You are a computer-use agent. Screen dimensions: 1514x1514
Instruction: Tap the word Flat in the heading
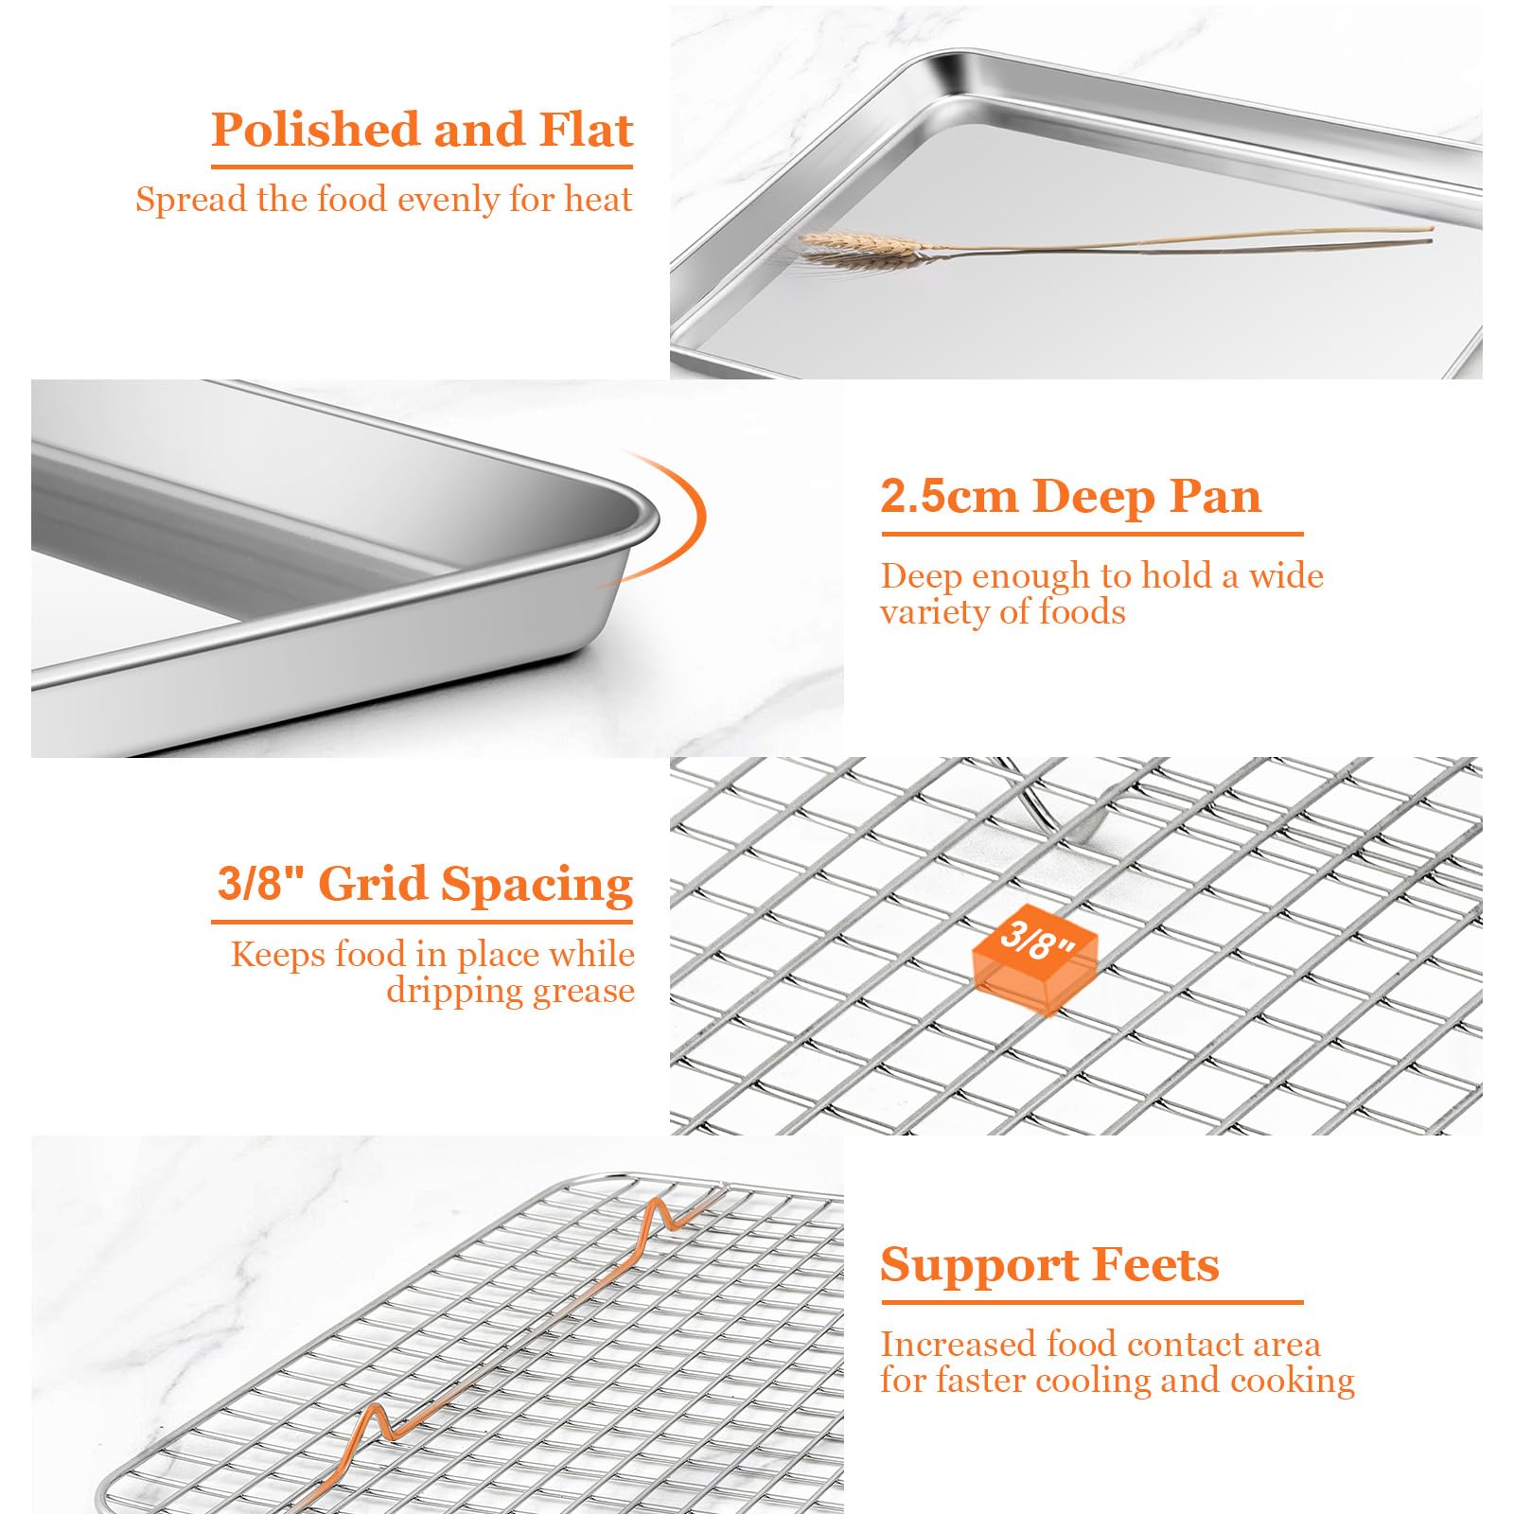point(586,130)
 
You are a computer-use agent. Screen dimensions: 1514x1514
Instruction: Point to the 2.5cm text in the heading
point(949,497)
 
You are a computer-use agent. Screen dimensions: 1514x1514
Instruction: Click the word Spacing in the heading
point(537,886)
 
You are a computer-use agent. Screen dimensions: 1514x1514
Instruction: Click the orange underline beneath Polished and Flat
point(422,167)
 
